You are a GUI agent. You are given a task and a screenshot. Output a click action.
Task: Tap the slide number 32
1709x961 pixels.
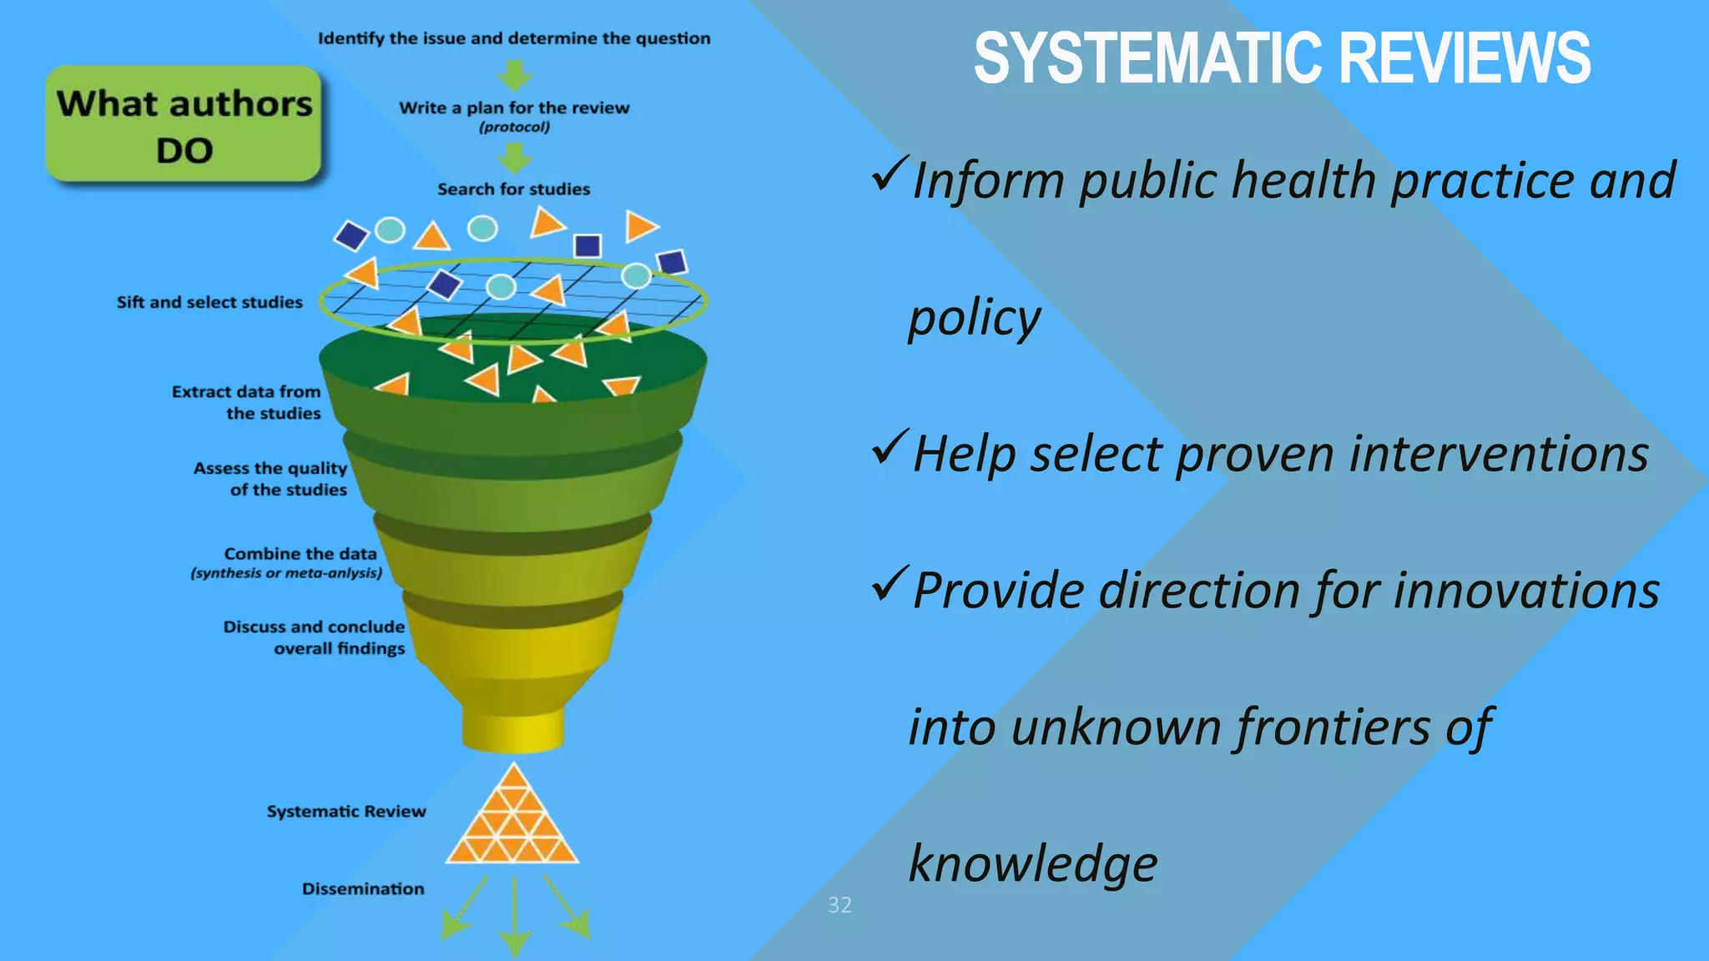click(x=839, y=905)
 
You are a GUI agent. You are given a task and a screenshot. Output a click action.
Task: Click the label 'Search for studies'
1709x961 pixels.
click(x=513, y=189)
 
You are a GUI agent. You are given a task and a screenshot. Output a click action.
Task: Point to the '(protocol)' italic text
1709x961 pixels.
click(x=514, y=128)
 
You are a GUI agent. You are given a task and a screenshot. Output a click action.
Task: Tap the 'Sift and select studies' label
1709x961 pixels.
click(x=209, y=302)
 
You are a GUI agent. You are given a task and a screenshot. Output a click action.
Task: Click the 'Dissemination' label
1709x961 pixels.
click(x=363, y=889)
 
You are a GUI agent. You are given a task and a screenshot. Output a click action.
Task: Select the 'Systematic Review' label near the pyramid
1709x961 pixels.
click(x=346, y=812)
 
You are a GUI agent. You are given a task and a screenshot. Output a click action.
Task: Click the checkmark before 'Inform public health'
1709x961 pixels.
click(x=888, y=174)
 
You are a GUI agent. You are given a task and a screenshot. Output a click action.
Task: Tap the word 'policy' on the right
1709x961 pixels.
click(x=975, y=319)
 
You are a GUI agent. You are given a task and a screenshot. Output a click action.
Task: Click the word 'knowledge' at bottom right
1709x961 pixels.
click(x=1033, y=863)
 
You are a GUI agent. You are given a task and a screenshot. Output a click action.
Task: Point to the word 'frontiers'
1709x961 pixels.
click(x=1333, y=727)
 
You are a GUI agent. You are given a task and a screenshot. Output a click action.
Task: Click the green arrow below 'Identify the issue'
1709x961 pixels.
click(x=515, y=75)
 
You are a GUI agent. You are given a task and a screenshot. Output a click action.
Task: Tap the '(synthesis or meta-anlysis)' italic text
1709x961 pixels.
click(x=286, y=573)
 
